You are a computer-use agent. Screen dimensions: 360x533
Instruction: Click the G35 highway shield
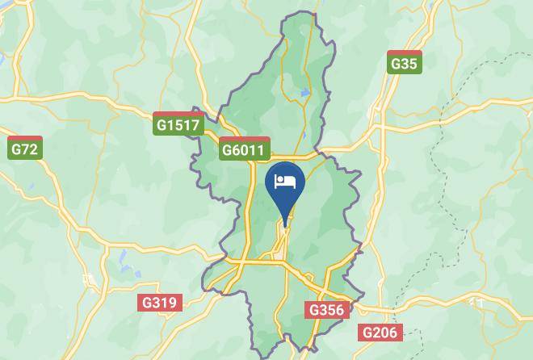(404, 62)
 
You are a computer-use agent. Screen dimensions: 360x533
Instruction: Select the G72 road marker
(24, 148)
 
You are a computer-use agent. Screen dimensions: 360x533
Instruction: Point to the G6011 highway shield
(243, 149)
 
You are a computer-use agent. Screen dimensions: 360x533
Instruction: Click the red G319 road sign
(159, 303)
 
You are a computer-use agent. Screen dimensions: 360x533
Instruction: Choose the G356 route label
(327, 309)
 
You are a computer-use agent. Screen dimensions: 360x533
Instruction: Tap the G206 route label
(380, 332)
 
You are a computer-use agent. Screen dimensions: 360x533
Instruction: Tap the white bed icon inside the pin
(284, 181)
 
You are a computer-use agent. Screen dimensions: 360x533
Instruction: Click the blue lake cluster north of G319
(123, 260)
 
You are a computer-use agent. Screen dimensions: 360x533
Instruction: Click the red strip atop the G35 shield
(404, 52)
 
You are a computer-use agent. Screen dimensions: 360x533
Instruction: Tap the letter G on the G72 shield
(16, 149)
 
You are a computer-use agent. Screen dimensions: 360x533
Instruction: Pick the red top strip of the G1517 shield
(178, 114)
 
